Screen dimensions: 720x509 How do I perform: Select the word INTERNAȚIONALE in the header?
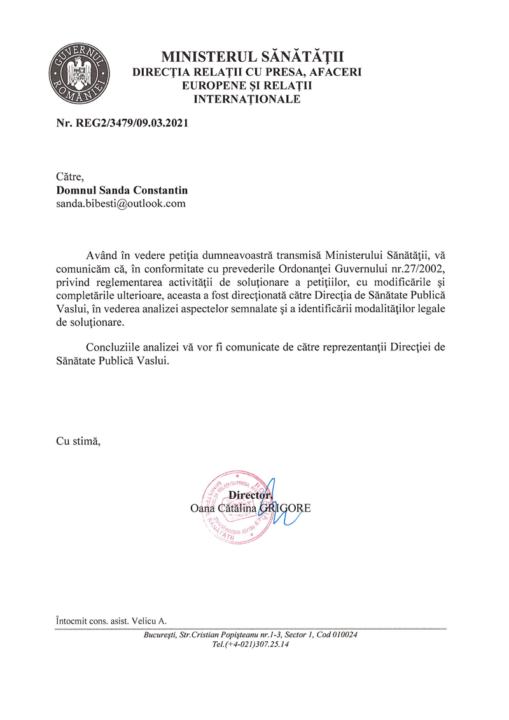[247, 99]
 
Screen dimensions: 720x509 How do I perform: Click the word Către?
[71, 177]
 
